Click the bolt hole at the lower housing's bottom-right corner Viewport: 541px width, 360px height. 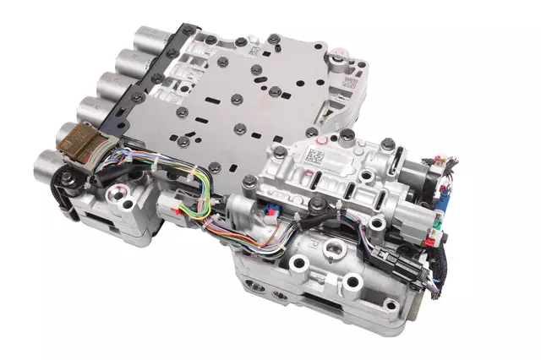point(391,307)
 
